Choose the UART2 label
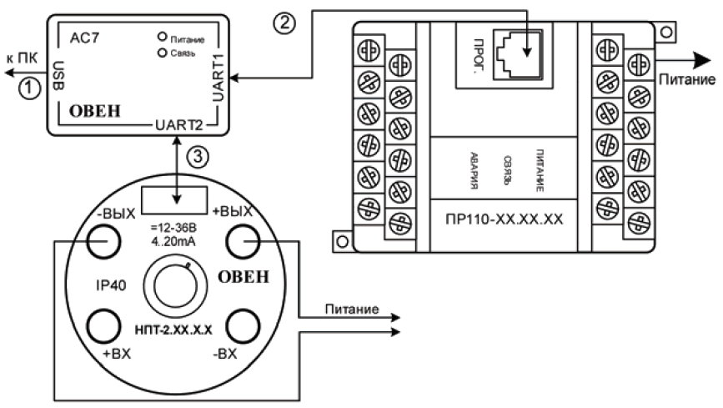click(177, 125)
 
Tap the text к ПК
click(23, 59)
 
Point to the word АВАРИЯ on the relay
click(473, 172)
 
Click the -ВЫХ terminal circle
click(108, 244)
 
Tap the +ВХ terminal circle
click(108, 323)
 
